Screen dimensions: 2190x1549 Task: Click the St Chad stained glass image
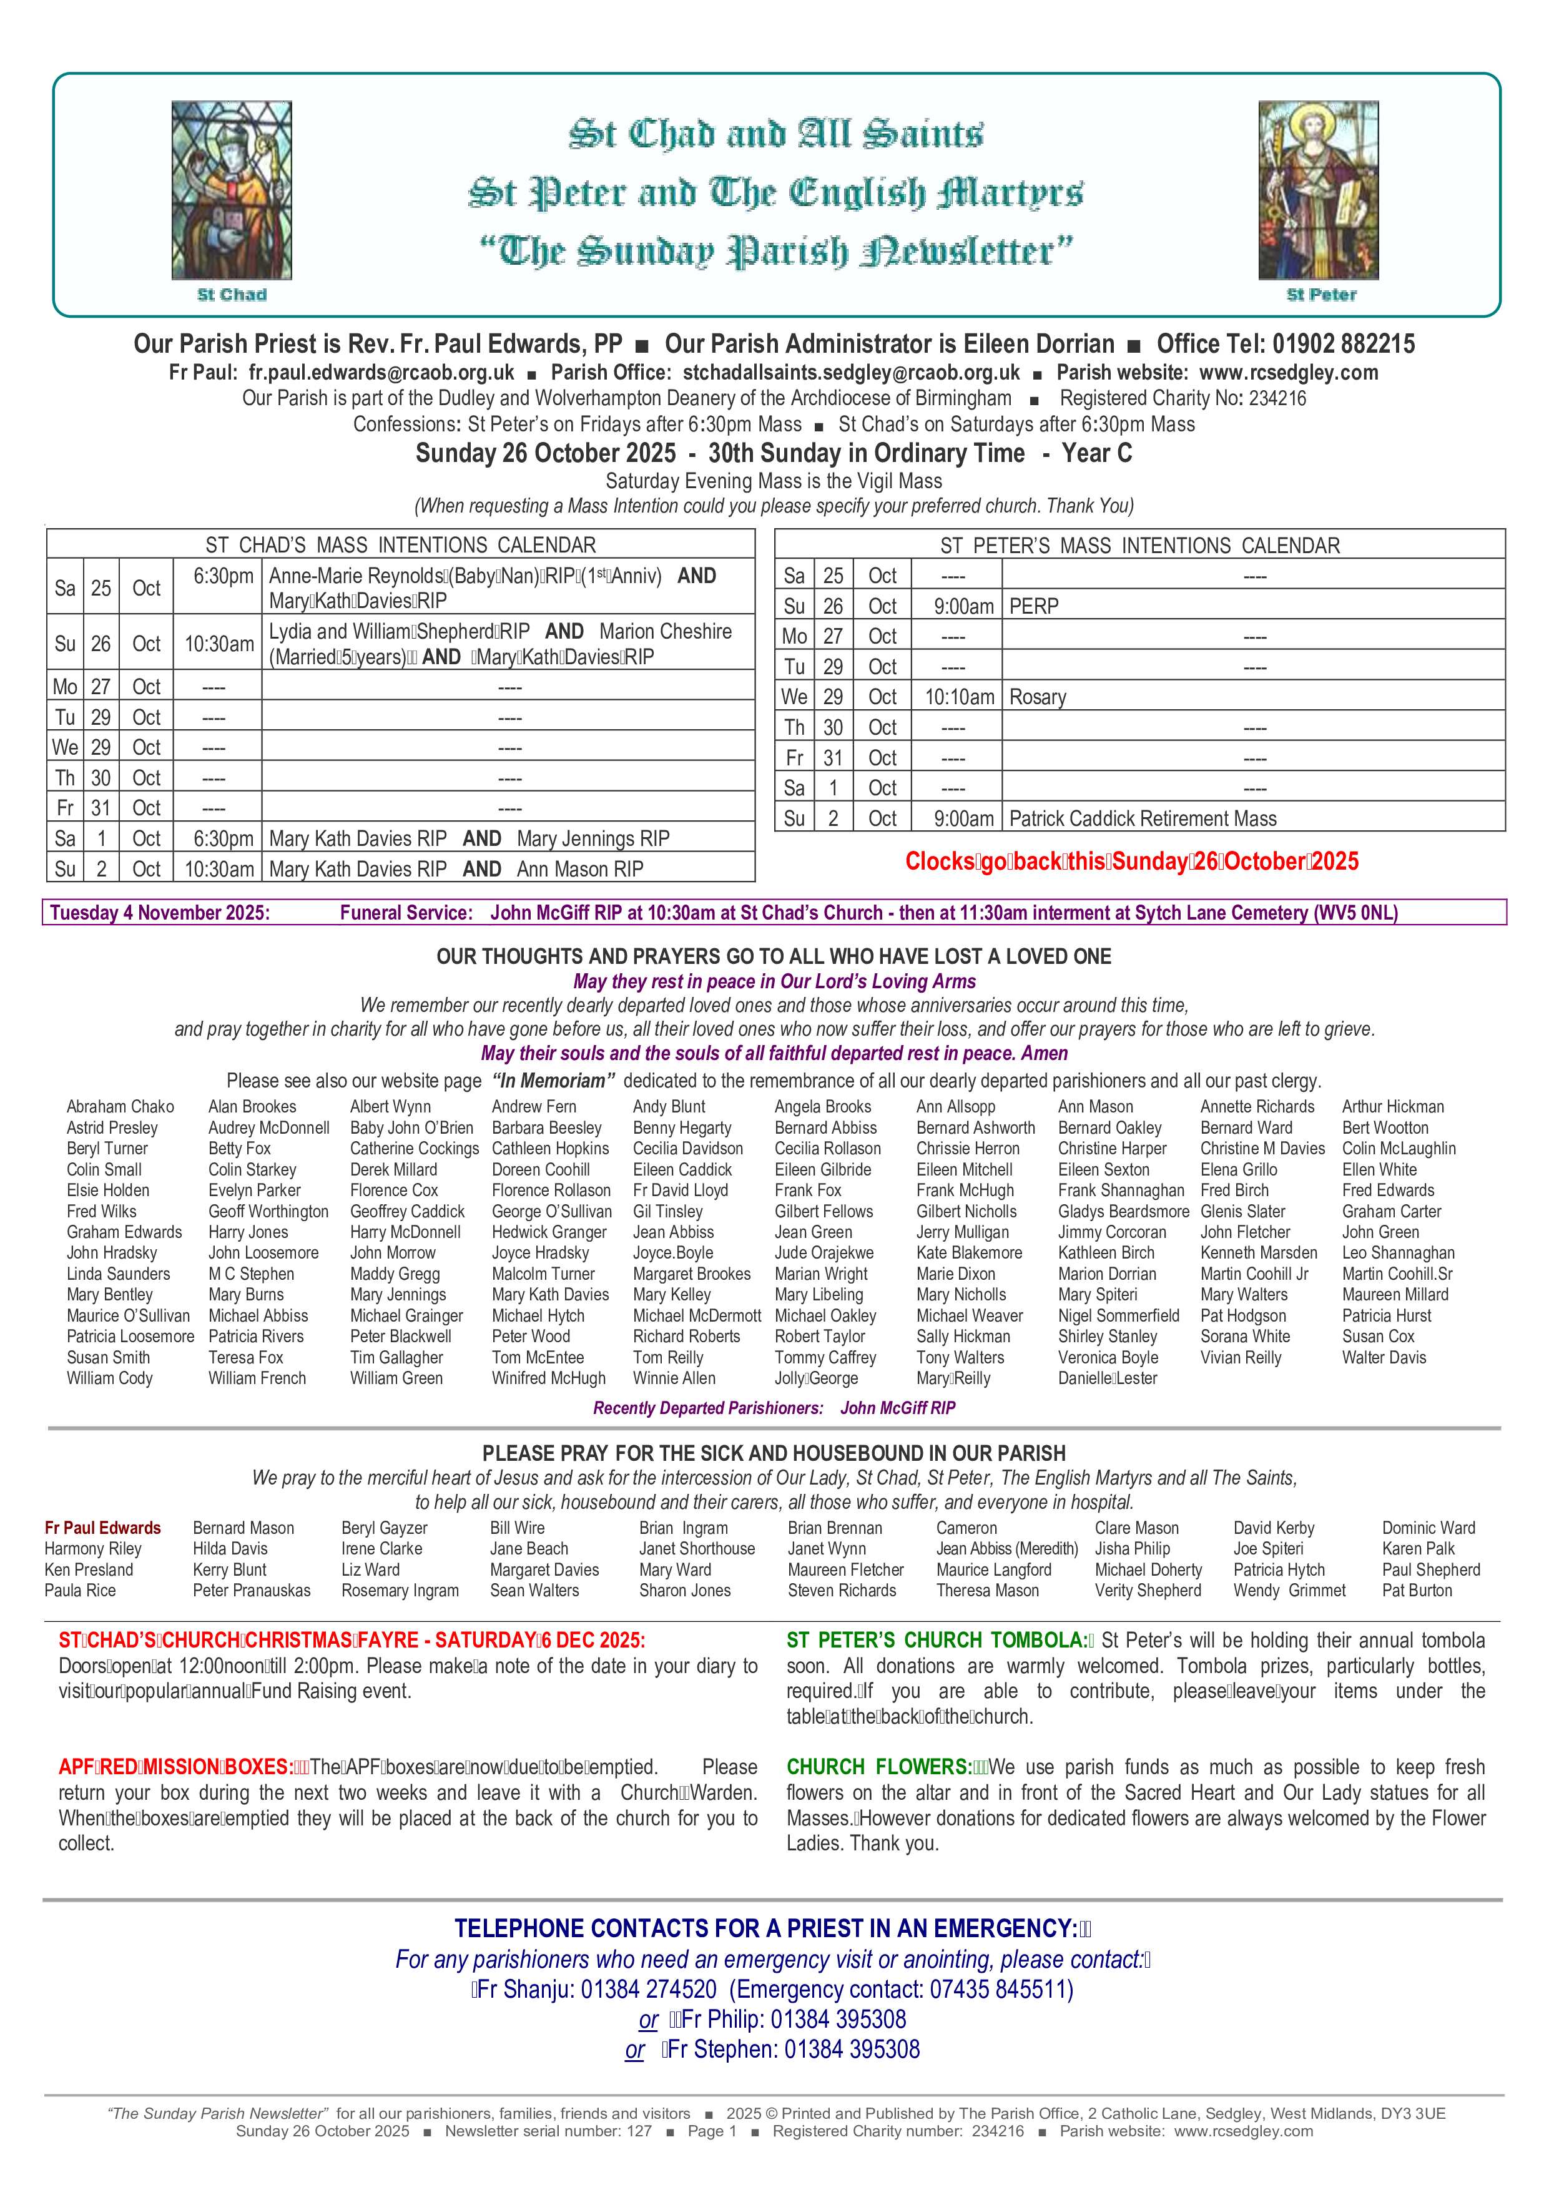pos(232,191)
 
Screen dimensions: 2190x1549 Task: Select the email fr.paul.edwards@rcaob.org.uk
pos(381,373)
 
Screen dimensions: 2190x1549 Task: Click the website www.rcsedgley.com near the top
pos(1289,373)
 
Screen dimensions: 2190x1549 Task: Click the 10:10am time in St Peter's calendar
pos(958,697)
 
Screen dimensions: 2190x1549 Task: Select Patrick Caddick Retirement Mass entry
pos(1143,818)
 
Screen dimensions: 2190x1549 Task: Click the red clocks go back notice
pos(1131,862)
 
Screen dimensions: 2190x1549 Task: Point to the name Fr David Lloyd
pos(680,1191)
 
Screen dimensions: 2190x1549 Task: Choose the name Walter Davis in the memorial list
pos(1384,1357)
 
